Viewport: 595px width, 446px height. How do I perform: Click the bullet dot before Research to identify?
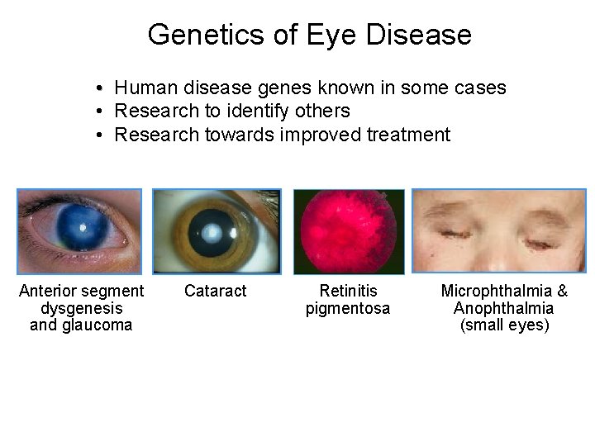(98, 111)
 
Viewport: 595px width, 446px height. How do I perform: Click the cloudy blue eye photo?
(80, 231)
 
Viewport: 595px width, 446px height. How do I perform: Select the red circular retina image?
(349, 231)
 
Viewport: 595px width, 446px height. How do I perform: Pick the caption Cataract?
(216, 291)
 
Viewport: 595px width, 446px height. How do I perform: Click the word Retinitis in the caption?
(348, 291)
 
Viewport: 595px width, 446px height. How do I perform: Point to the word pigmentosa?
(348, 309)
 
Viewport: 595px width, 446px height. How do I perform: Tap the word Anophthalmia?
(504, 308)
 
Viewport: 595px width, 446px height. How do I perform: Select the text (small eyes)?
(504, 325)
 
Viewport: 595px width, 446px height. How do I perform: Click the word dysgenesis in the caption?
(81, 308)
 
